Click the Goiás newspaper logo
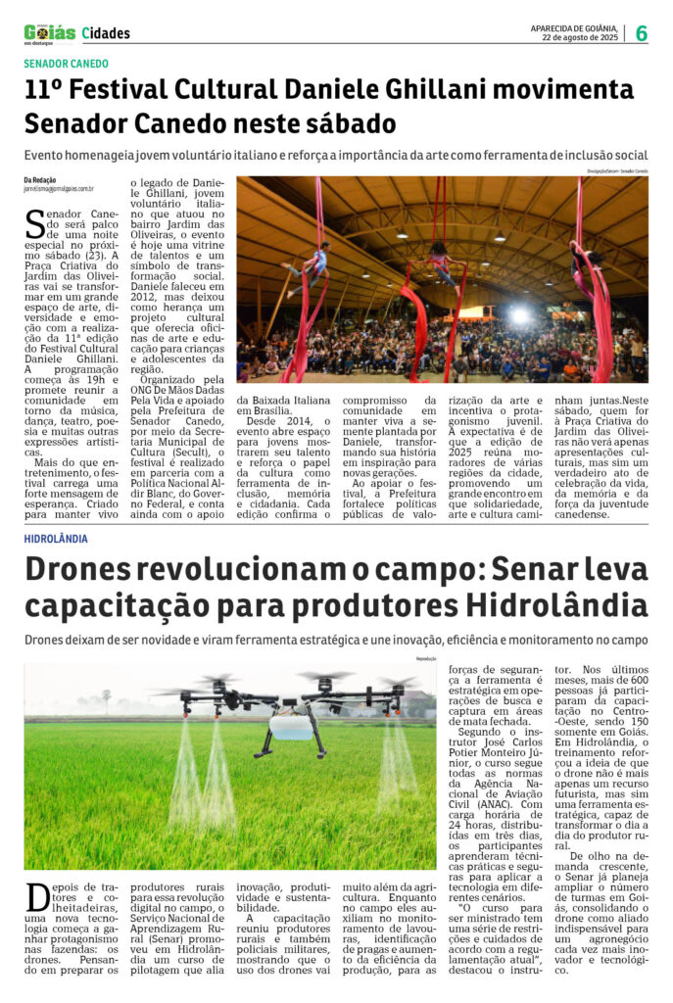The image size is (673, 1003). pyautogui.click(x=49, y=32)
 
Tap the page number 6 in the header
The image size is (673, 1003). pyautogui.click(x=642, y=33)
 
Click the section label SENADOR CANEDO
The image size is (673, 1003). pyautogui.click(x=67, y=64)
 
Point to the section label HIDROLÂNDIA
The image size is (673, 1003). pyautogui.click(x=56, y=539)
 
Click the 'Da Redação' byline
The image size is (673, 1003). pyautogui.click(x=41, y=179)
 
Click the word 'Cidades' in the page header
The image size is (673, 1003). pyautogui.click(x=106, y=33)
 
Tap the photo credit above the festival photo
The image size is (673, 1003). pyautogui.click(x=617, y=171)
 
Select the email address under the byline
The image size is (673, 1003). pyautogui.click(x=59, y=189)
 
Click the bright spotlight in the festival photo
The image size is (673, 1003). pyautogui.click(x=519, y=315)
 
